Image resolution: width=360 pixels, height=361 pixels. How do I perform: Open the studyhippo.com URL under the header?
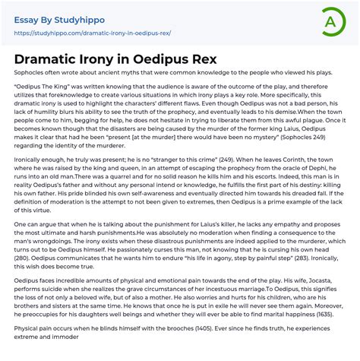tap(90, 33)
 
